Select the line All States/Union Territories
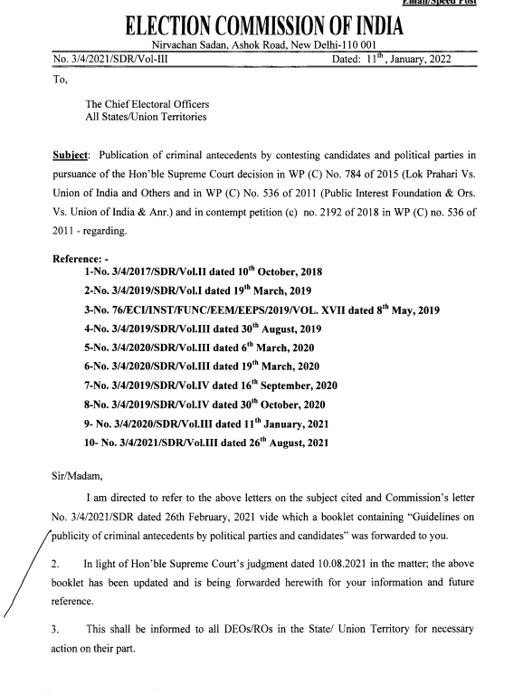(146, 118)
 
